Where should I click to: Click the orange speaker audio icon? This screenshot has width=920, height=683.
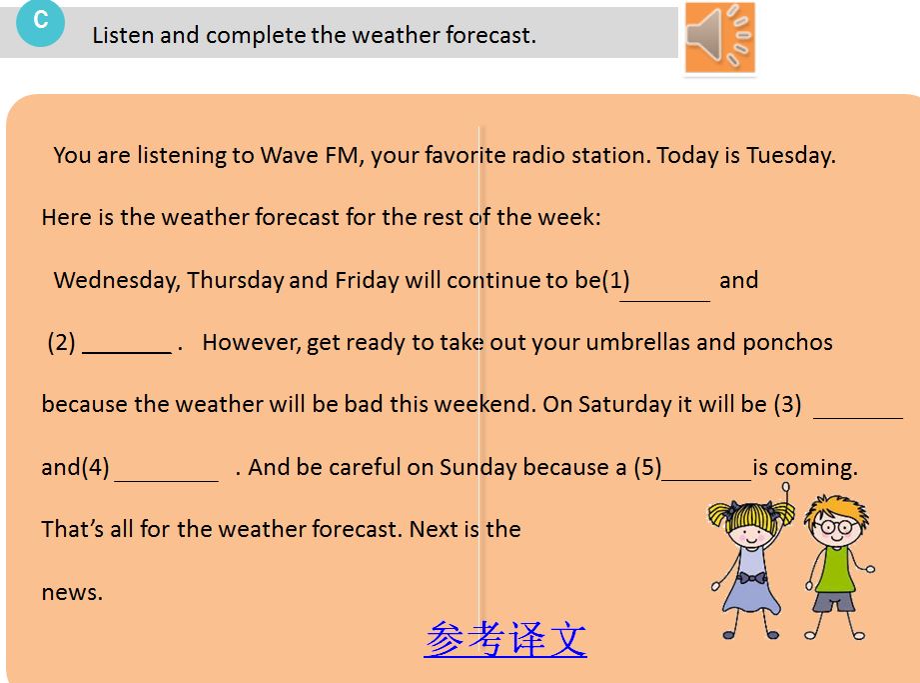point(720,37)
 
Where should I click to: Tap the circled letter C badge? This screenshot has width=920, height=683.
point(40,22)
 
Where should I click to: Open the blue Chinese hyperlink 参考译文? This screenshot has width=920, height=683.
point(505,638)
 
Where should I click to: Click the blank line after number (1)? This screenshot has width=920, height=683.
point(664,301)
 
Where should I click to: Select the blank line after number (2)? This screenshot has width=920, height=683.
point(127,352)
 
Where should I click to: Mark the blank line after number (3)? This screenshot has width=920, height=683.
point(858,418)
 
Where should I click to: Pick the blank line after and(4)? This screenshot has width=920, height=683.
point(167,481)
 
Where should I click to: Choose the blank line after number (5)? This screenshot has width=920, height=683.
point(706,480)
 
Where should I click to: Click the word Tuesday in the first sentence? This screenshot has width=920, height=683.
point(790,156)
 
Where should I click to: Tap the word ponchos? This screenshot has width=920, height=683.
point(787,343)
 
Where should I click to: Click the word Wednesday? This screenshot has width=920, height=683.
point(117,281)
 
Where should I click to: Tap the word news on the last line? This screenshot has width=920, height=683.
point(72,593)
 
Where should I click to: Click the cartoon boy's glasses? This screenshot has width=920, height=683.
point(836,526)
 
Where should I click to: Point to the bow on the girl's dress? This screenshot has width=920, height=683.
point(751,578)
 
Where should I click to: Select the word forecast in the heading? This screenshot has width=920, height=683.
point(490,35)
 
